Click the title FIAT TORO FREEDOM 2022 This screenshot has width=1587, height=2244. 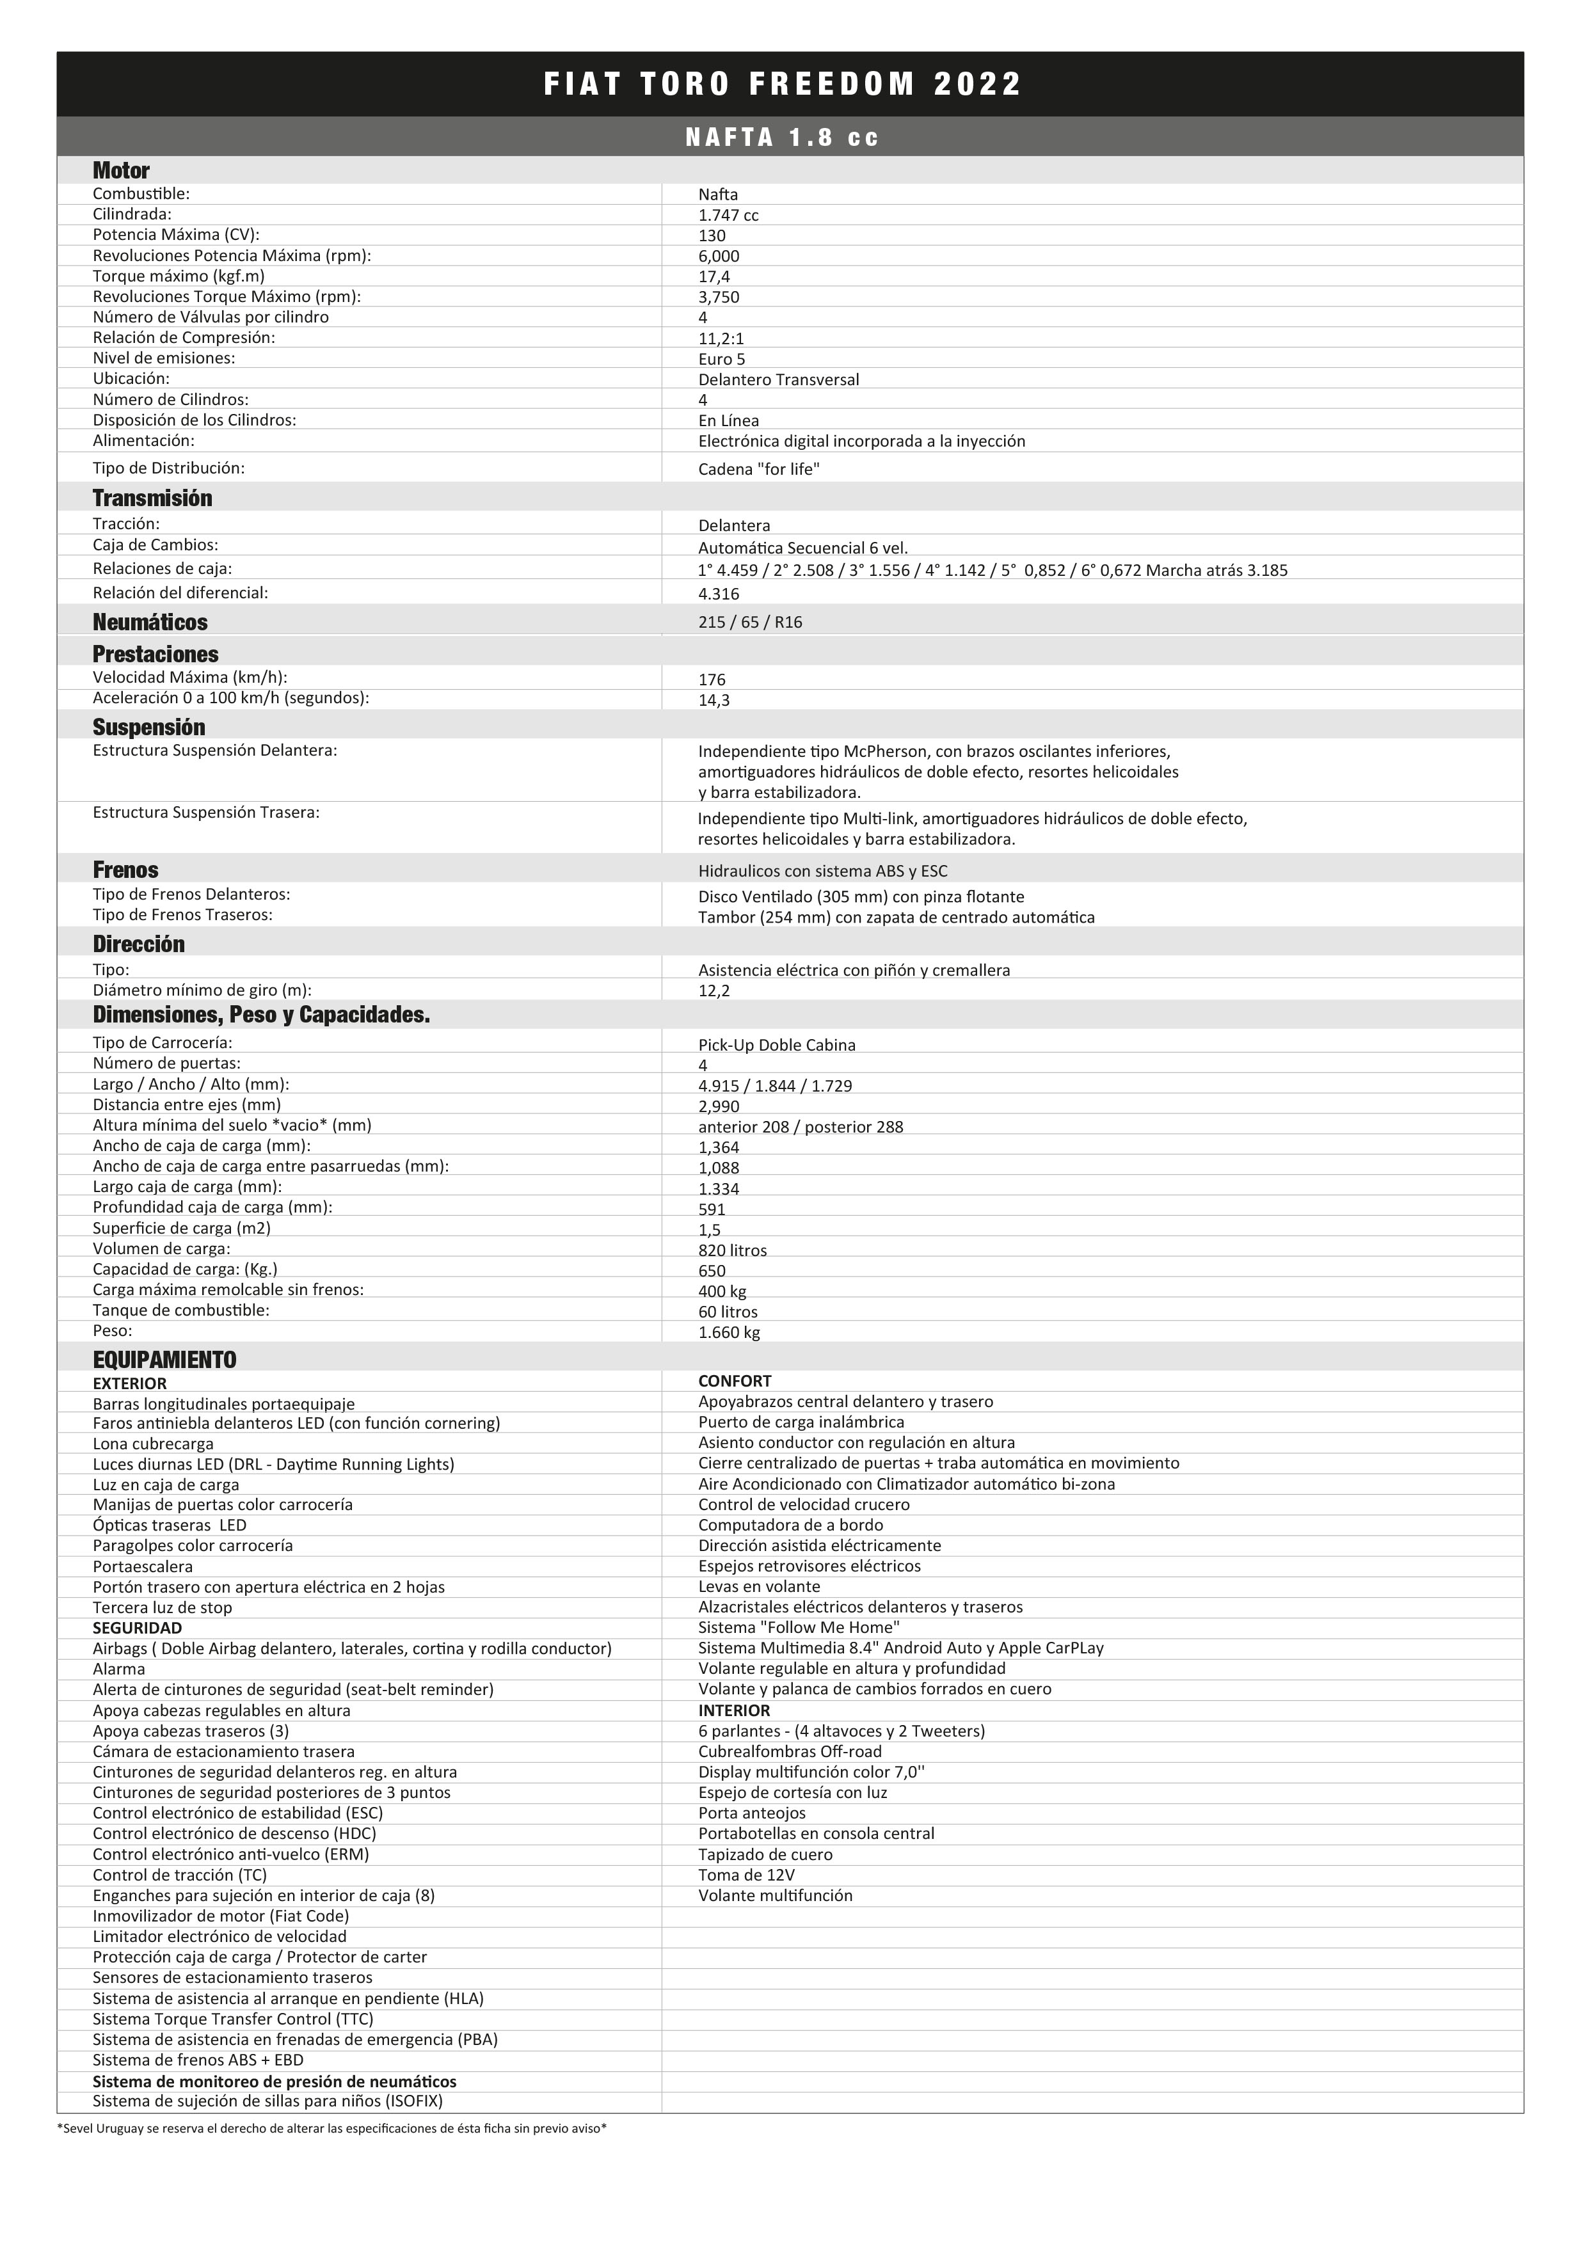tap(783, 84)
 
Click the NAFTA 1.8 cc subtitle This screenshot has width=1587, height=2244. tap(783, 138)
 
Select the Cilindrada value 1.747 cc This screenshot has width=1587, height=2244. tap(728, 215)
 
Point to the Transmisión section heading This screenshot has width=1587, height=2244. tap(152, 498)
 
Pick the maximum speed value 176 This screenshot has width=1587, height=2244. tap(712, 680)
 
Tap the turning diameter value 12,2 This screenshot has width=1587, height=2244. tap(714, 991)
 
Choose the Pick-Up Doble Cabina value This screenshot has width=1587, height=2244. tap(776, 1046)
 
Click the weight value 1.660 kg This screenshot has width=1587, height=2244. tap(728, 1333)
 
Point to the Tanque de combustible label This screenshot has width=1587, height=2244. tap(181, 1310)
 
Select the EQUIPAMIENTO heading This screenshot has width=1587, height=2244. tap(164, 1360)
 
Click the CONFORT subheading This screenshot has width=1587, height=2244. tap(734, 1381)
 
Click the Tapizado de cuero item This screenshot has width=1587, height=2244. tap(765, 1855)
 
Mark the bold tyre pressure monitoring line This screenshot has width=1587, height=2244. tap(275, 2081)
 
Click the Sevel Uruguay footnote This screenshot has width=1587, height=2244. tap(332, 2128)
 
